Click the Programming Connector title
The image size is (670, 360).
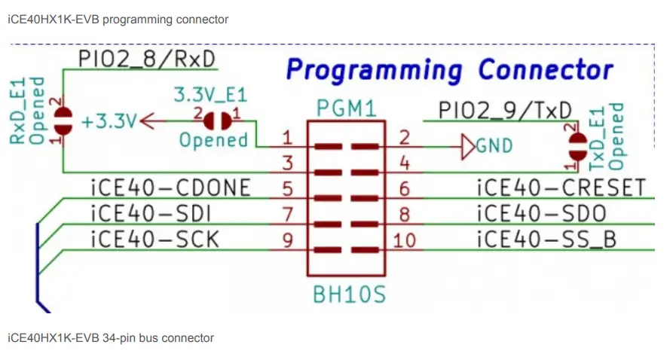tap(450, 71)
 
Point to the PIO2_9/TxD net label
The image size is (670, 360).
tap(505, 110)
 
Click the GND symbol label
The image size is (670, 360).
tap(494, 145)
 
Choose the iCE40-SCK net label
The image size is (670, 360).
tap(154, 239)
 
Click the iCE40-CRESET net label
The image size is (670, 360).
tap(561, 188)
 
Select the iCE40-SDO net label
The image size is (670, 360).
tap(541, 213)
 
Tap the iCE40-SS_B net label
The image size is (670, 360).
tap(546, 239)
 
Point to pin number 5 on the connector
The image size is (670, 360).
tap(286, 188)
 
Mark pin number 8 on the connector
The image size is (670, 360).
tap(404, 215)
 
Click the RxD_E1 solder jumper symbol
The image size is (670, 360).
tap(63, 121)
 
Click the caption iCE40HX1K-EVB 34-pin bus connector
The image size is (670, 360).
tap(110, 338)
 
